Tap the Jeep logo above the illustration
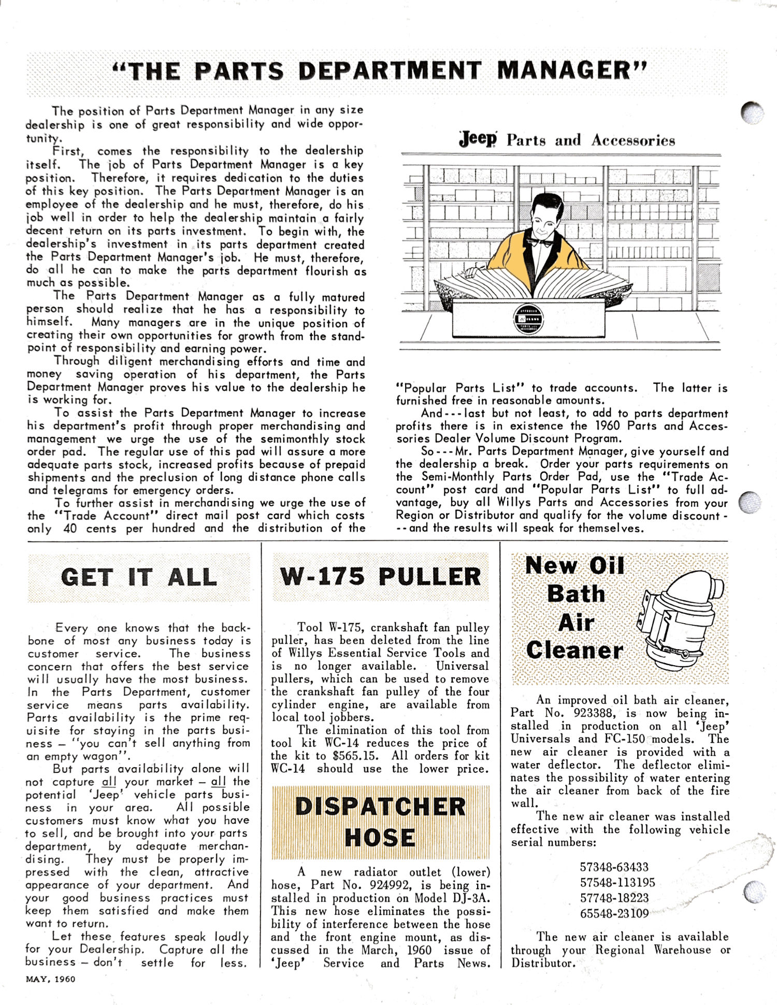click(x=478, y=139)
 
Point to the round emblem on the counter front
click(x=528, y=319)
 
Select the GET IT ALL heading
click(x=138, y=577)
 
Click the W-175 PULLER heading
click(x=380, y=577)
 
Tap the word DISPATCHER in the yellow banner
click(x=380, y=807)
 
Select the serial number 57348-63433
click(x=614, y=867)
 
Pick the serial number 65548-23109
click(x=614, y=913)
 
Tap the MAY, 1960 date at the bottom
click(x=50, y=979)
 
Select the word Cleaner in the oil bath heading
click(x=574, y=650)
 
